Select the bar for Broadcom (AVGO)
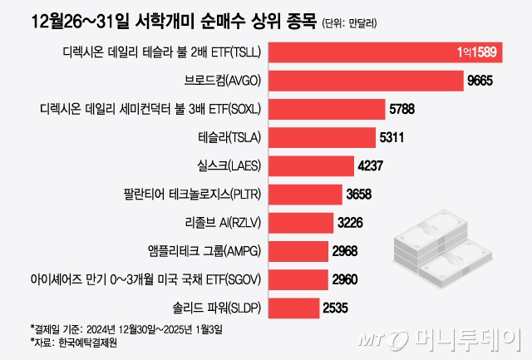tap(366, 81)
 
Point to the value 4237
tap(370, 165)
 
